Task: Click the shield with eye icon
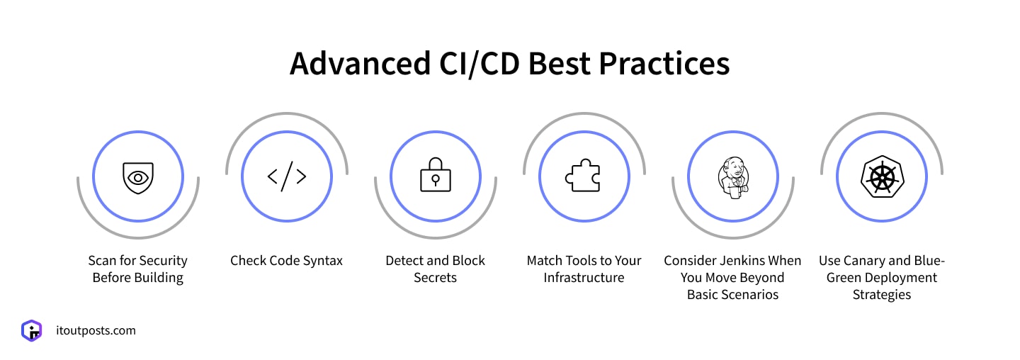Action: tap(137, 178)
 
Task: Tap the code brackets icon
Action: tap(287, 176)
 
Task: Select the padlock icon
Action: tap(435, 176)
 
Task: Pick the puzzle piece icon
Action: tap(583, 176)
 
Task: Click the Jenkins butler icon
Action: tap(732, 176)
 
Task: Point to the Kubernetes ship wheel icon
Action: tap(881, 176)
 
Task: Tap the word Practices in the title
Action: tap(664, 64)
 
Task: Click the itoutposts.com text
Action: tap(96, 330)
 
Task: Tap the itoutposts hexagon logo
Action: tap(31, 330)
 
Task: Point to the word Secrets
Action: tap(435, 278)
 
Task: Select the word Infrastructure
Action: tap(584, 278)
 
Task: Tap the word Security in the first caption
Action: tap(163, 261)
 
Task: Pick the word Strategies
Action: tap(881, 295)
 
